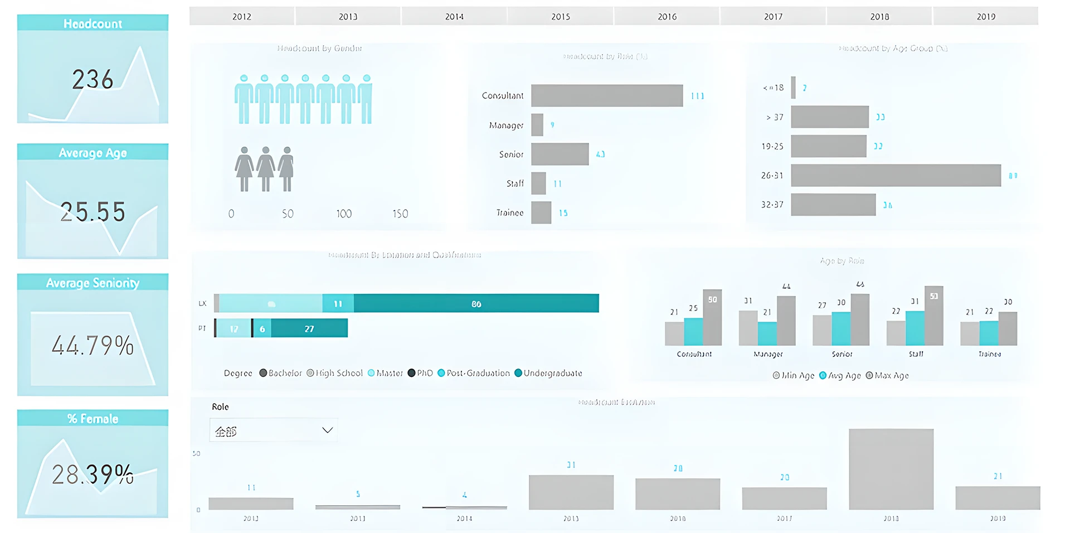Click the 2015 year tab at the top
(x=561, y=17)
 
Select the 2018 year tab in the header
(x=879, y=17)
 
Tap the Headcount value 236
(x=93, y=79)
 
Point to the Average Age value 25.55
(x=93, y=212)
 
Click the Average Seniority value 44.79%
(x=93, y=346)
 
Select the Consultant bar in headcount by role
(x=606, y=96)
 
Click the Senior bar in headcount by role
(x=560, y=154)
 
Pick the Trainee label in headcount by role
(x=510, y=213)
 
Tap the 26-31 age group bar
(x=895, y=176)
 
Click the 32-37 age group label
(x=772, y=205)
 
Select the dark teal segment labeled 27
(x=309, y=328)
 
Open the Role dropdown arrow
(x=327, y=430)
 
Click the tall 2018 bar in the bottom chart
(x=891, y=469)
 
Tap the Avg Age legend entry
(x=840, y=376)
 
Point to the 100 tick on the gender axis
(x=344, y=214)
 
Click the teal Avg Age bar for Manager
(x=767, y=333)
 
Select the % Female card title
(x=93, y=419)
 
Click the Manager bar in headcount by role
(x=537, y=125)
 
